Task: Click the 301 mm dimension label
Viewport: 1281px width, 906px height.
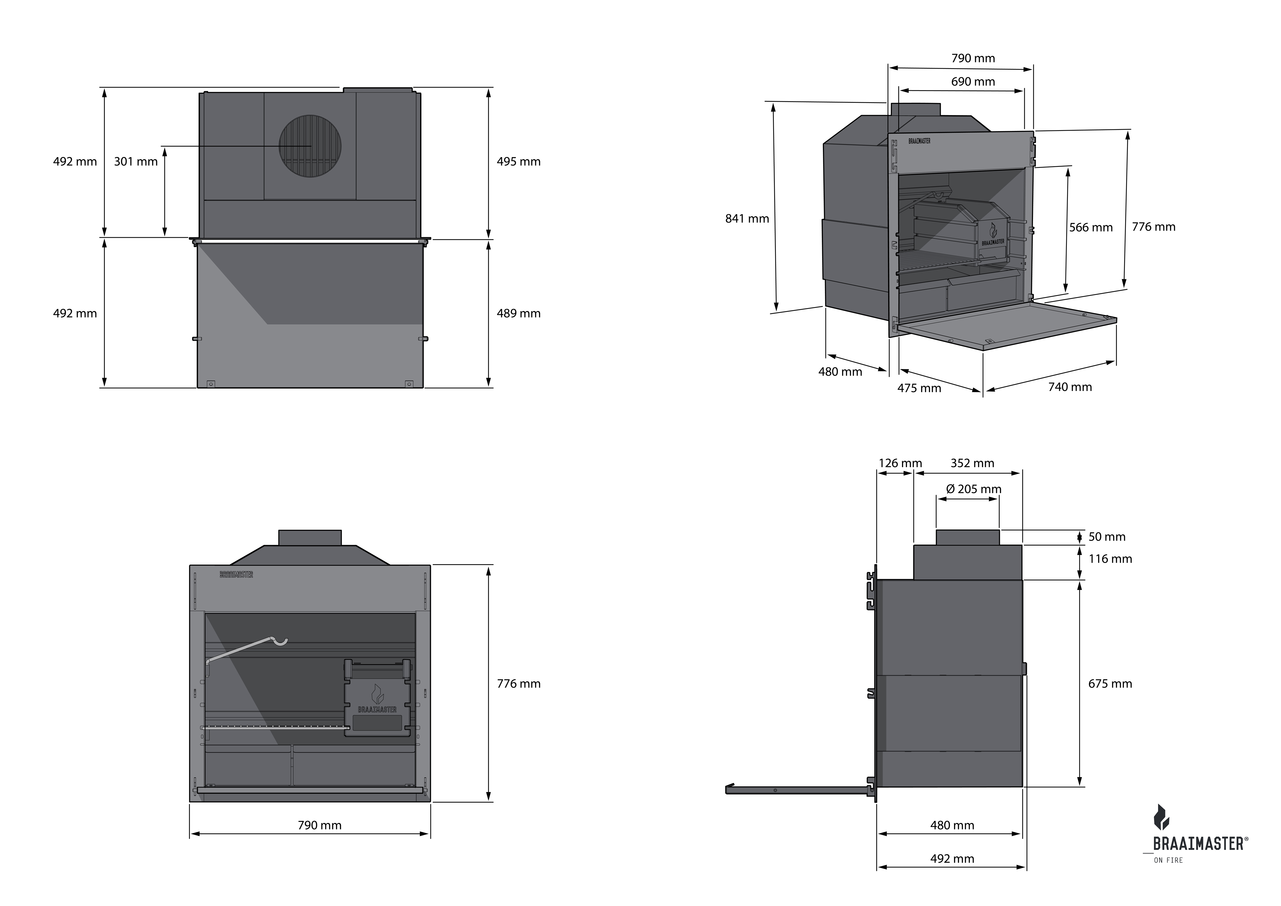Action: (136, 162)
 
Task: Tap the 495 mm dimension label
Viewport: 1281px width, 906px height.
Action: (518, 162)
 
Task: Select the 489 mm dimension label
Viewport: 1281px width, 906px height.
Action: (518, 314)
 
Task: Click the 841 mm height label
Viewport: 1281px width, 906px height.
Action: (747, 219)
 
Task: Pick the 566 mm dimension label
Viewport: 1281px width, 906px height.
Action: (1090, 228)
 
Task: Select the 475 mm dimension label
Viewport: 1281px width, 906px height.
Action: (919, 388)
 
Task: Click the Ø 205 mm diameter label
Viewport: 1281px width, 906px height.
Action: (974, 489)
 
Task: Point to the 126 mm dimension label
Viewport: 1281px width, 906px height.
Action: (900, 463)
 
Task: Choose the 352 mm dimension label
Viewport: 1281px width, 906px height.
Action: (972, 463)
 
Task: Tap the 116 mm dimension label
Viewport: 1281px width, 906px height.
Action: (1110, 559)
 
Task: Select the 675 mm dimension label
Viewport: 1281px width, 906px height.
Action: (1110, 684)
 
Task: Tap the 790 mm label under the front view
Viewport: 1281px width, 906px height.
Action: (319, 825)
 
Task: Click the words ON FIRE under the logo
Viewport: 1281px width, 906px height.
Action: (1168, 860)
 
